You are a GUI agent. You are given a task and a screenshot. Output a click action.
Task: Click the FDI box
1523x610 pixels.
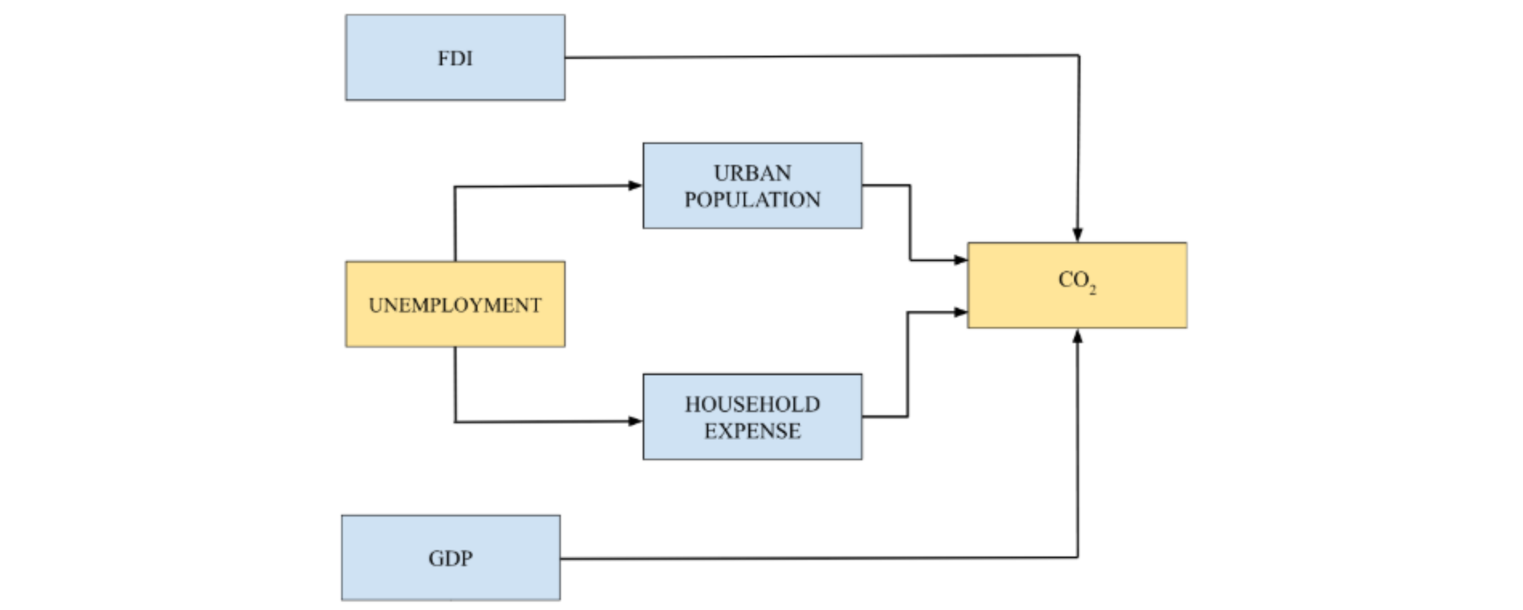[x=455, y=57]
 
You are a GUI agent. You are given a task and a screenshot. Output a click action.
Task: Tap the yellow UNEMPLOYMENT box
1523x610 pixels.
[x=455, y=304]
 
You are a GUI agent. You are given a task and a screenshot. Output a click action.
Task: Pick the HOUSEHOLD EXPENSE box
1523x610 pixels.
[x=753, y=416]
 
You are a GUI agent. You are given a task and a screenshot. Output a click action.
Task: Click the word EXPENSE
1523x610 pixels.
[x=753, y=431]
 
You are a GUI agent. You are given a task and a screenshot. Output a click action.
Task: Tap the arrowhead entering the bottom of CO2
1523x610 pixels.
[x=1078, y=336]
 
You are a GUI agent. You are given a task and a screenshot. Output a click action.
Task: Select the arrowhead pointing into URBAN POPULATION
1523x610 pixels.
[x=636, y=186]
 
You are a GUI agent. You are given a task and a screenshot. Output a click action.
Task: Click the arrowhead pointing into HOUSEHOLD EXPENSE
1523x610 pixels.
[x=636, y=421]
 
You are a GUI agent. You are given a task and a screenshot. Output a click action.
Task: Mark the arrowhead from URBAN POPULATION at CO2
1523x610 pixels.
[x=961, y=260]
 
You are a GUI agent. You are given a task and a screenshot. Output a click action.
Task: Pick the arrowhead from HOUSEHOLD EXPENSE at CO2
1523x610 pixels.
[x=961, y=312]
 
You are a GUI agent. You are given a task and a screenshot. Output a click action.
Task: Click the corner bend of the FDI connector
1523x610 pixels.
[x=1079, y=56]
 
